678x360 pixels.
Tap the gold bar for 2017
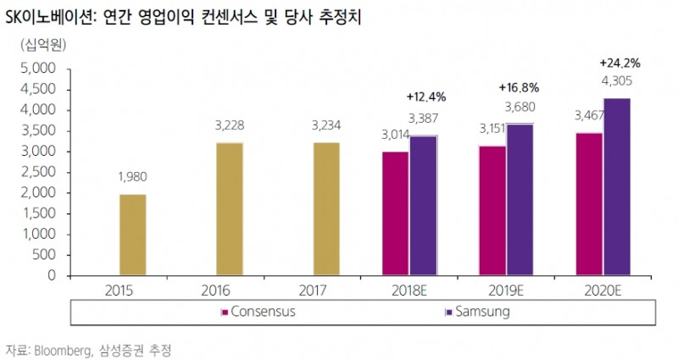(x=325, y=209)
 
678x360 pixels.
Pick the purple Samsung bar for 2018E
(x=423, y=206)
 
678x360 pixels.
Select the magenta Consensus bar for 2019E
(x=492, y=211)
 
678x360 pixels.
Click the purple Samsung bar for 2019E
(x=520, y=200)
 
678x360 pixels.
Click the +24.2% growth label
(x=619, y=63)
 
